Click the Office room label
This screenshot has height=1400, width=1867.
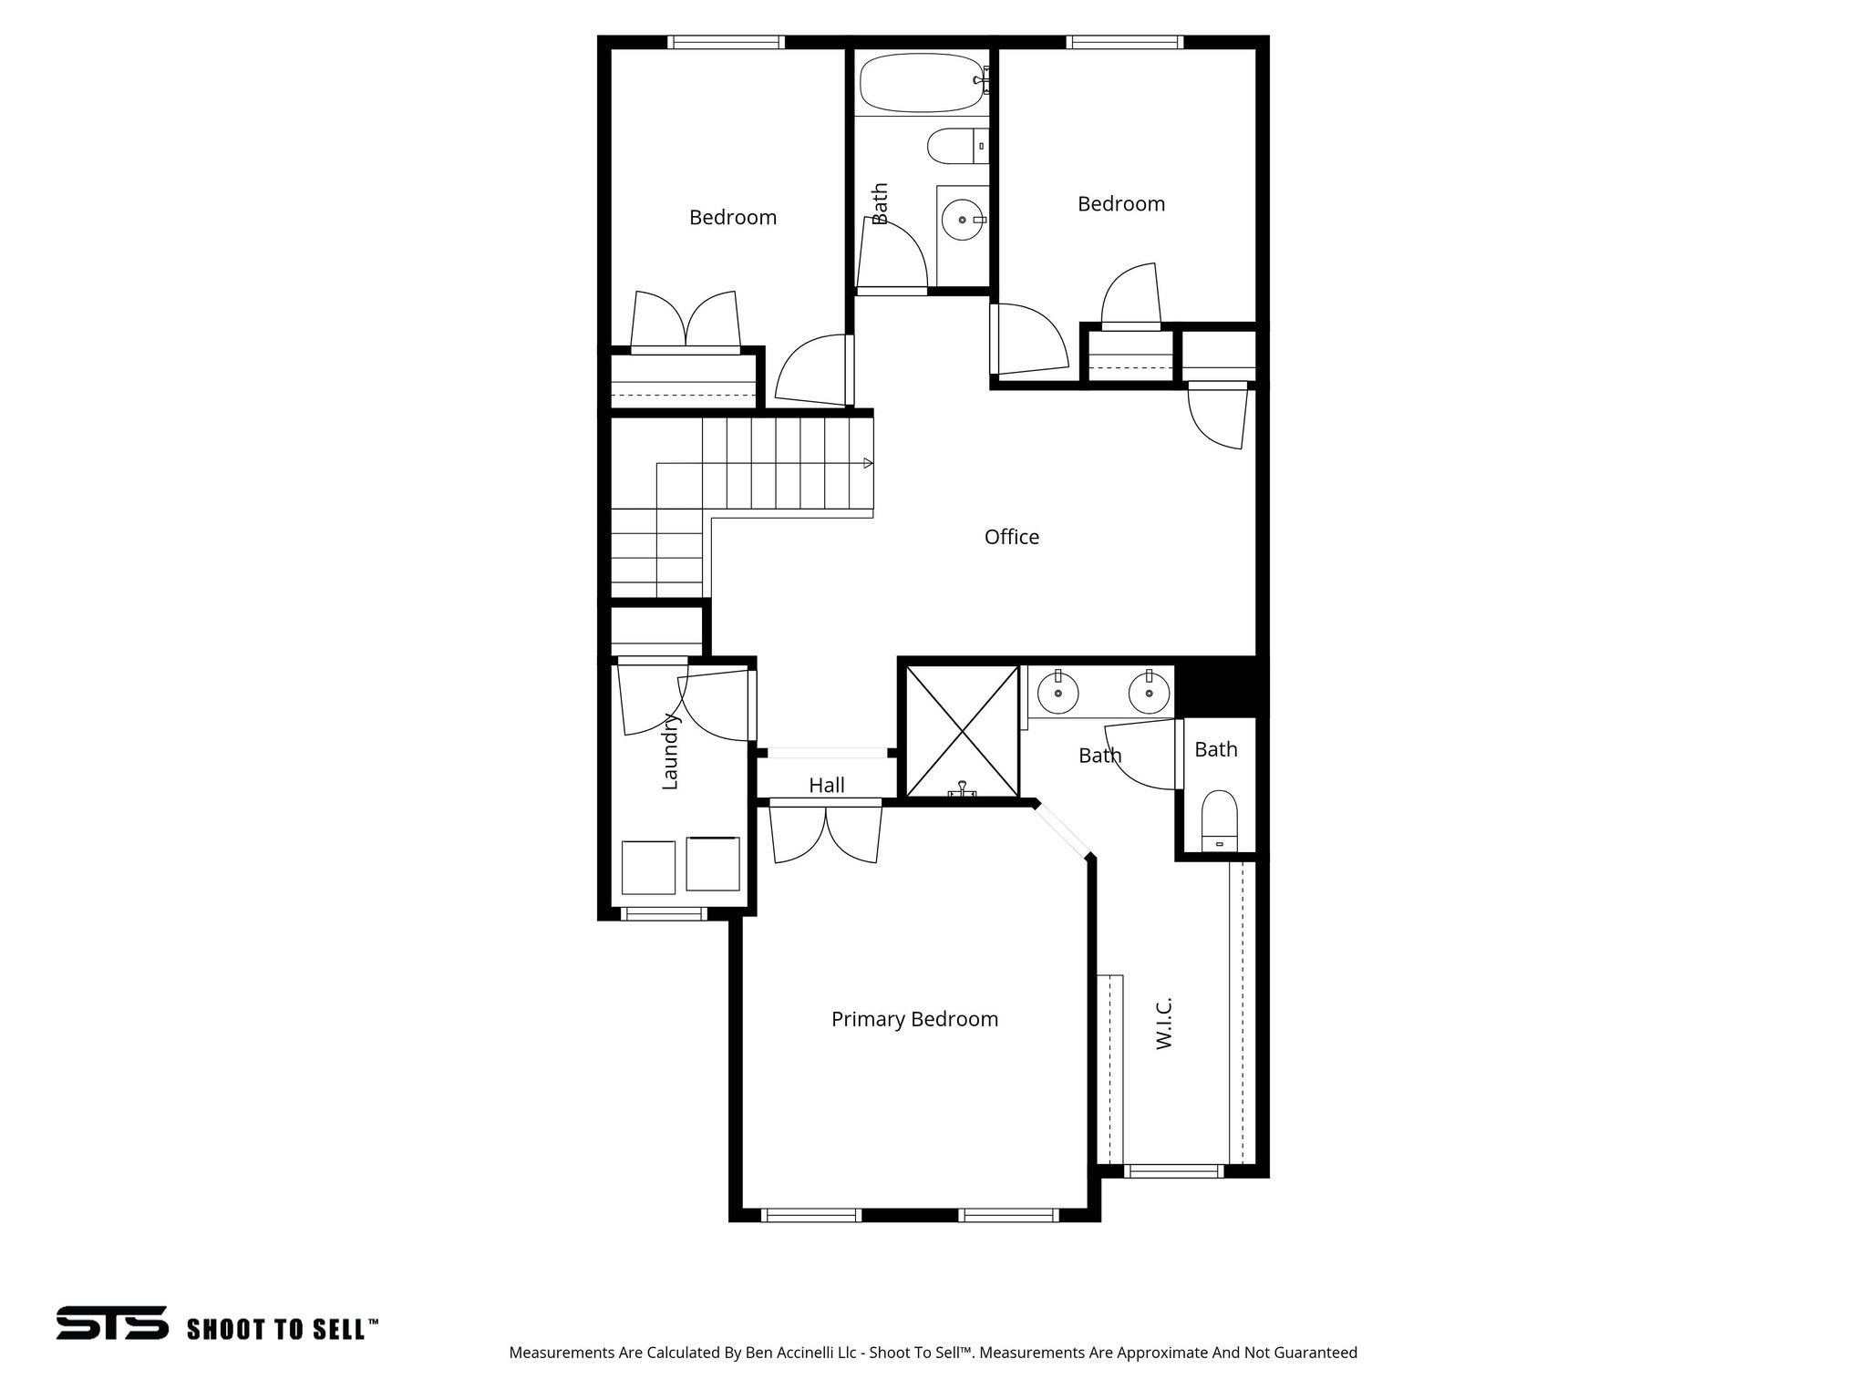(x=1011, y=537)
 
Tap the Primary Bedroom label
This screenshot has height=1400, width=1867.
(x=914, y=1019)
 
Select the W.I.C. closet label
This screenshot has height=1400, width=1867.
(x=1164, y=1023)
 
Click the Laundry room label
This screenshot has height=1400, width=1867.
(x=670, y=751)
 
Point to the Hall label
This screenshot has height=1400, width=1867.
(x=827, y=785)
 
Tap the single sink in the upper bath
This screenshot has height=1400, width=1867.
(x=963, y=220)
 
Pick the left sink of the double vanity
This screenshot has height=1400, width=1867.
(x=1058, y=695)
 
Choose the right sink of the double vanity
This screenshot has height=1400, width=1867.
(x=1149, y=695)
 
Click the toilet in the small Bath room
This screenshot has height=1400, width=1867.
(x=1219, y=820)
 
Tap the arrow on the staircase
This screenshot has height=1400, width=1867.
(x=868, y=464)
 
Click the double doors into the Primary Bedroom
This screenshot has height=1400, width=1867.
(x=827, y=831)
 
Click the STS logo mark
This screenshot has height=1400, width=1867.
(x=112, y=1323)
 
